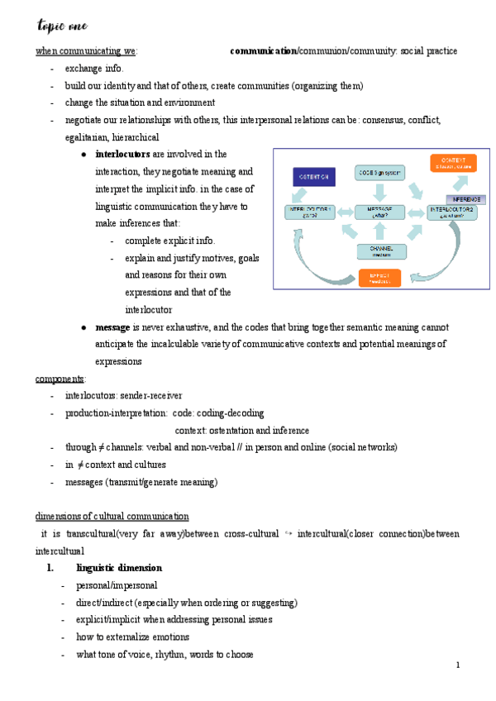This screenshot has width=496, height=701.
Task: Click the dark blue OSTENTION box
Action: tap(313, 177)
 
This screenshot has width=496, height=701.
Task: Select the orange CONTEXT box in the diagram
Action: tap(452, 163)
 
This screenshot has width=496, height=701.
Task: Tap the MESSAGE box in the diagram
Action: tap(379, 212)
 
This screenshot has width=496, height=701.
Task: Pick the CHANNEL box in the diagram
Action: tap(381, 250)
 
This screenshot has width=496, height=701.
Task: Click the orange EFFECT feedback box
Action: tap(379, 278)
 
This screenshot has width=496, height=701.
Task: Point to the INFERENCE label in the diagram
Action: tap(466, 199)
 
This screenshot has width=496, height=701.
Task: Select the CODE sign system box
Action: tap(379, 173)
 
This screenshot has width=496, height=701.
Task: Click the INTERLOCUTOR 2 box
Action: tap(452, 212)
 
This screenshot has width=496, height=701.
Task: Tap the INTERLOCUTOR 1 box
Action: tap(310, 212)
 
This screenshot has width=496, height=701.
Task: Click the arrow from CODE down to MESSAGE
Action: tap(379, 191)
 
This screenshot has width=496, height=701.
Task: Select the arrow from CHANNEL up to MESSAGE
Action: tap(380, 231)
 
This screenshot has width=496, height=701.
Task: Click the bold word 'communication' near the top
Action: tap(263, 51)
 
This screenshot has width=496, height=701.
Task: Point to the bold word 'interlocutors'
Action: tap(123, 154)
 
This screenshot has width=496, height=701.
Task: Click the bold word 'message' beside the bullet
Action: tap(112, 327)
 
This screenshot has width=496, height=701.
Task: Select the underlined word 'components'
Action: tap(60, 379)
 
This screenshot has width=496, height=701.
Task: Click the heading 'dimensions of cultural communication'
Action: tap(112, 517)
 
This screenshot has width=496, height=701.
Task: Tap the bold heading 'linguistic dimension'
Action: tap(118, 568)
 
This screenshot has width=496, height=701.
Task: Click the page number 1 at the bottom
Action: tap(458, 665)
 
